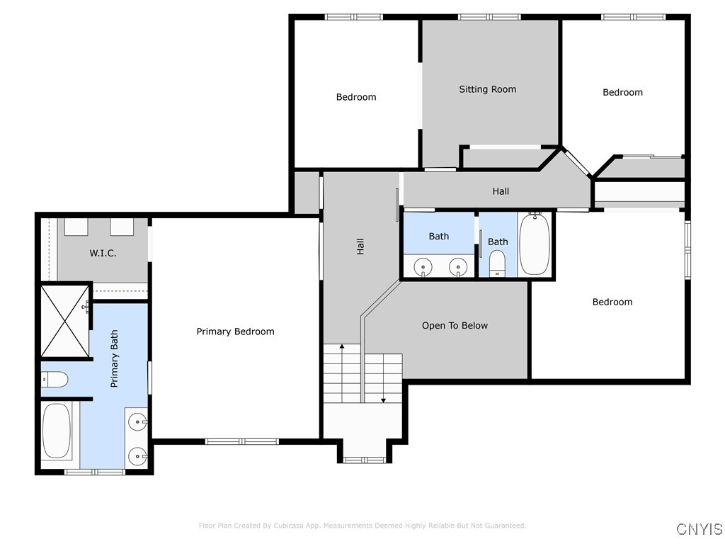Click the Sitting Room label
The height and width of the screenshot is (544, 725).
click(x=487, y=89)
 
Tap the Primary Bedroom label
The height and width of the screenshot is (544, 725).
click(x=235, y=331)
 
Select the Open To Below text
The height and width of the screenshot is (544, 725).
click(x=455, y=326)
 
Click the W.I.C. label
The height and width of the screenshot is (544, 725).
click(x=103, y=253)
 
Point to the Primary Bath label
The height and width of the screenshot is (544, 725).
click(x=114, y=358)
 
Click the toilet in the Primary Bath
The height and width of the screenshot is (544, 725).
click(x=54, y=380)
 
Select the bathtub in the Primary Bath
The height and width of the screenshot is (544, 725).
click(x=56, y=431)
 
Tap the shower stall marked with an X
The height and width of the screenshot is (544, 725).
click(x=64, y=321)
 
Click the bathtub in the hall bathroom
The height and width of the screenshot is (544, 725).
click(x=535, y=244)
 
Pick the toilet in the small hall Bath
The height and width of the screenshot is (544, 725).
click(x=498, y=262)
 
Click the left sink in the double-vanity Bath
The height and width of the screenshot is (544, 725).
click(x=423, y=267)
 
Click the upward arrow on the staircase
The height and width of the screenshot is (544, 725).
click(x=342, y=346)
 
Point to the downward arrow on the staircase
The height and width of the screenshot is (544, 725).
click(x=383, y=399)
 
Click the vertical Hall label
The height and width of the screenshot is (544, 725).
click(x=360, y=246)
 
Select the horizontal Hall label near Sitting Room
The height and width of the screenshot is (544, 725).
click(x=501, y=191)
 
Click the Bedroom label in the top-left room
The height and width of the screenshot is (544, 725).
click(x=356, y=97)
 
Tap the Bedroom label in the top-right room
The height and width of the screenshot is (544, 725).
click(x=622, y=92)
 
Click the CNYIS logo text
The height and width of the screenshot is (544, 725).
click(x=700, y=529)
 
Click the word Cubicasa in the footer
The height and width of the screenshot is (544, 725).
click(x=290, y=526)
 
